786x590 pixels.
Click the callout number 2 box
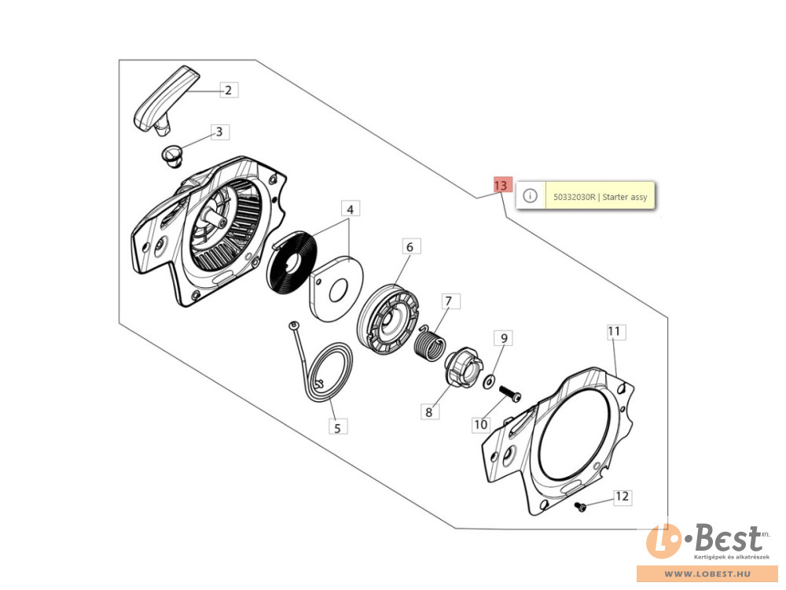(x=229, y=90)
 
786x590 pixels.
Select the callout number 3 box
(x=219, y=132)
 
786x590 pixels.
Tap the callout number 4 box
(x=351, y=209)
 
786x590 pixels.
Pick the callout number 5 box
(x=337, y=427)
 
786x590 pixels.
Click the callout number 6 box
(x=410, y=247)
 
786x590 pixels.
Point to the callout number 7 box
(x=449, y=301)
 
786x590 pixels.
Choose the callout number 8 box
(x=430, y=412)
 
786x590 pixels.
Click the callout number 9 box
(x=504, y=338)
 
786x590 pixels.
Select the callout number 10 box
(x=481, y=425)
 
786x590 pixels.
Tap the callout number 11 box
(x=614, y=331)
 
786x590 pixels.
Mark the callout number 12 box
(x=622, y=496)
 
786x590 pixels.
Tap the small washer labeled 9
(x=489, y=382)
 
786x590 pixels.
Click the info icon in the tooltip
(x=530, y=196)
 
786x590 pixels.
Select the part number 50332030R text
(x=574, y=197)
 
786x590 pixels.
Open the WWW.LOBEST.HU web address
(x=708, y=573)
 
